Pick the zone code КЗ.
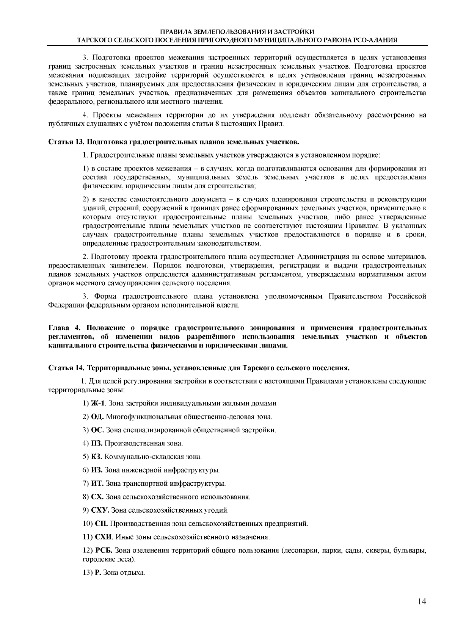pyautogui.click(x=97, y=457)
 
